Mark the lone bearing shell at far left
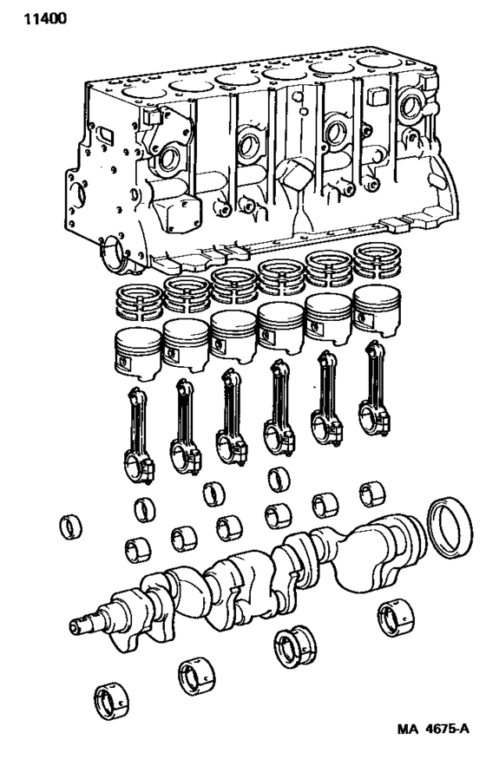69,527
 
